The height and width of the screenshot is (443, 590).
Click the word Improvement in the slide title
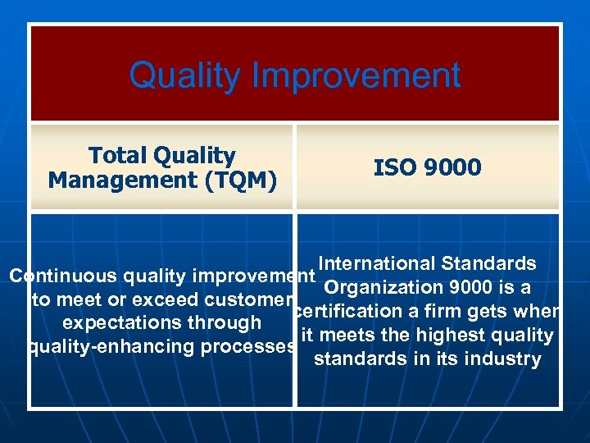coord(356,75)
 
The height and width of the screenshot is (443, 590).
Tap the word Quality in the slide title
coord(185,75)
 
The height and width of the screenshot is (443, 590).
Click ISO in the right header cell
coord(393,168)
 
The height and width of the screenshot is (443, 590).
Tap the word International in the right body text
coord(378,263)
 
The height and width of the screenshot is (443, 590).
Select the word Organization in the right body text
coord(379,287)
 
